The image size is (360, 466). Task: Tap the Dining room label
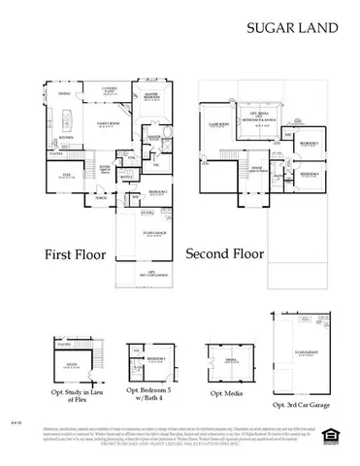64,94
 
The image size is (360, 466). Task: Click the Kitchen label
55,138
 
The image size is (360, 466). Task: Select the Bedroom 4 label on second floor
310,174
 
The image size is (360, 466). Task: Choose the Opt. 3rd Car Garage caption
305,404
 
